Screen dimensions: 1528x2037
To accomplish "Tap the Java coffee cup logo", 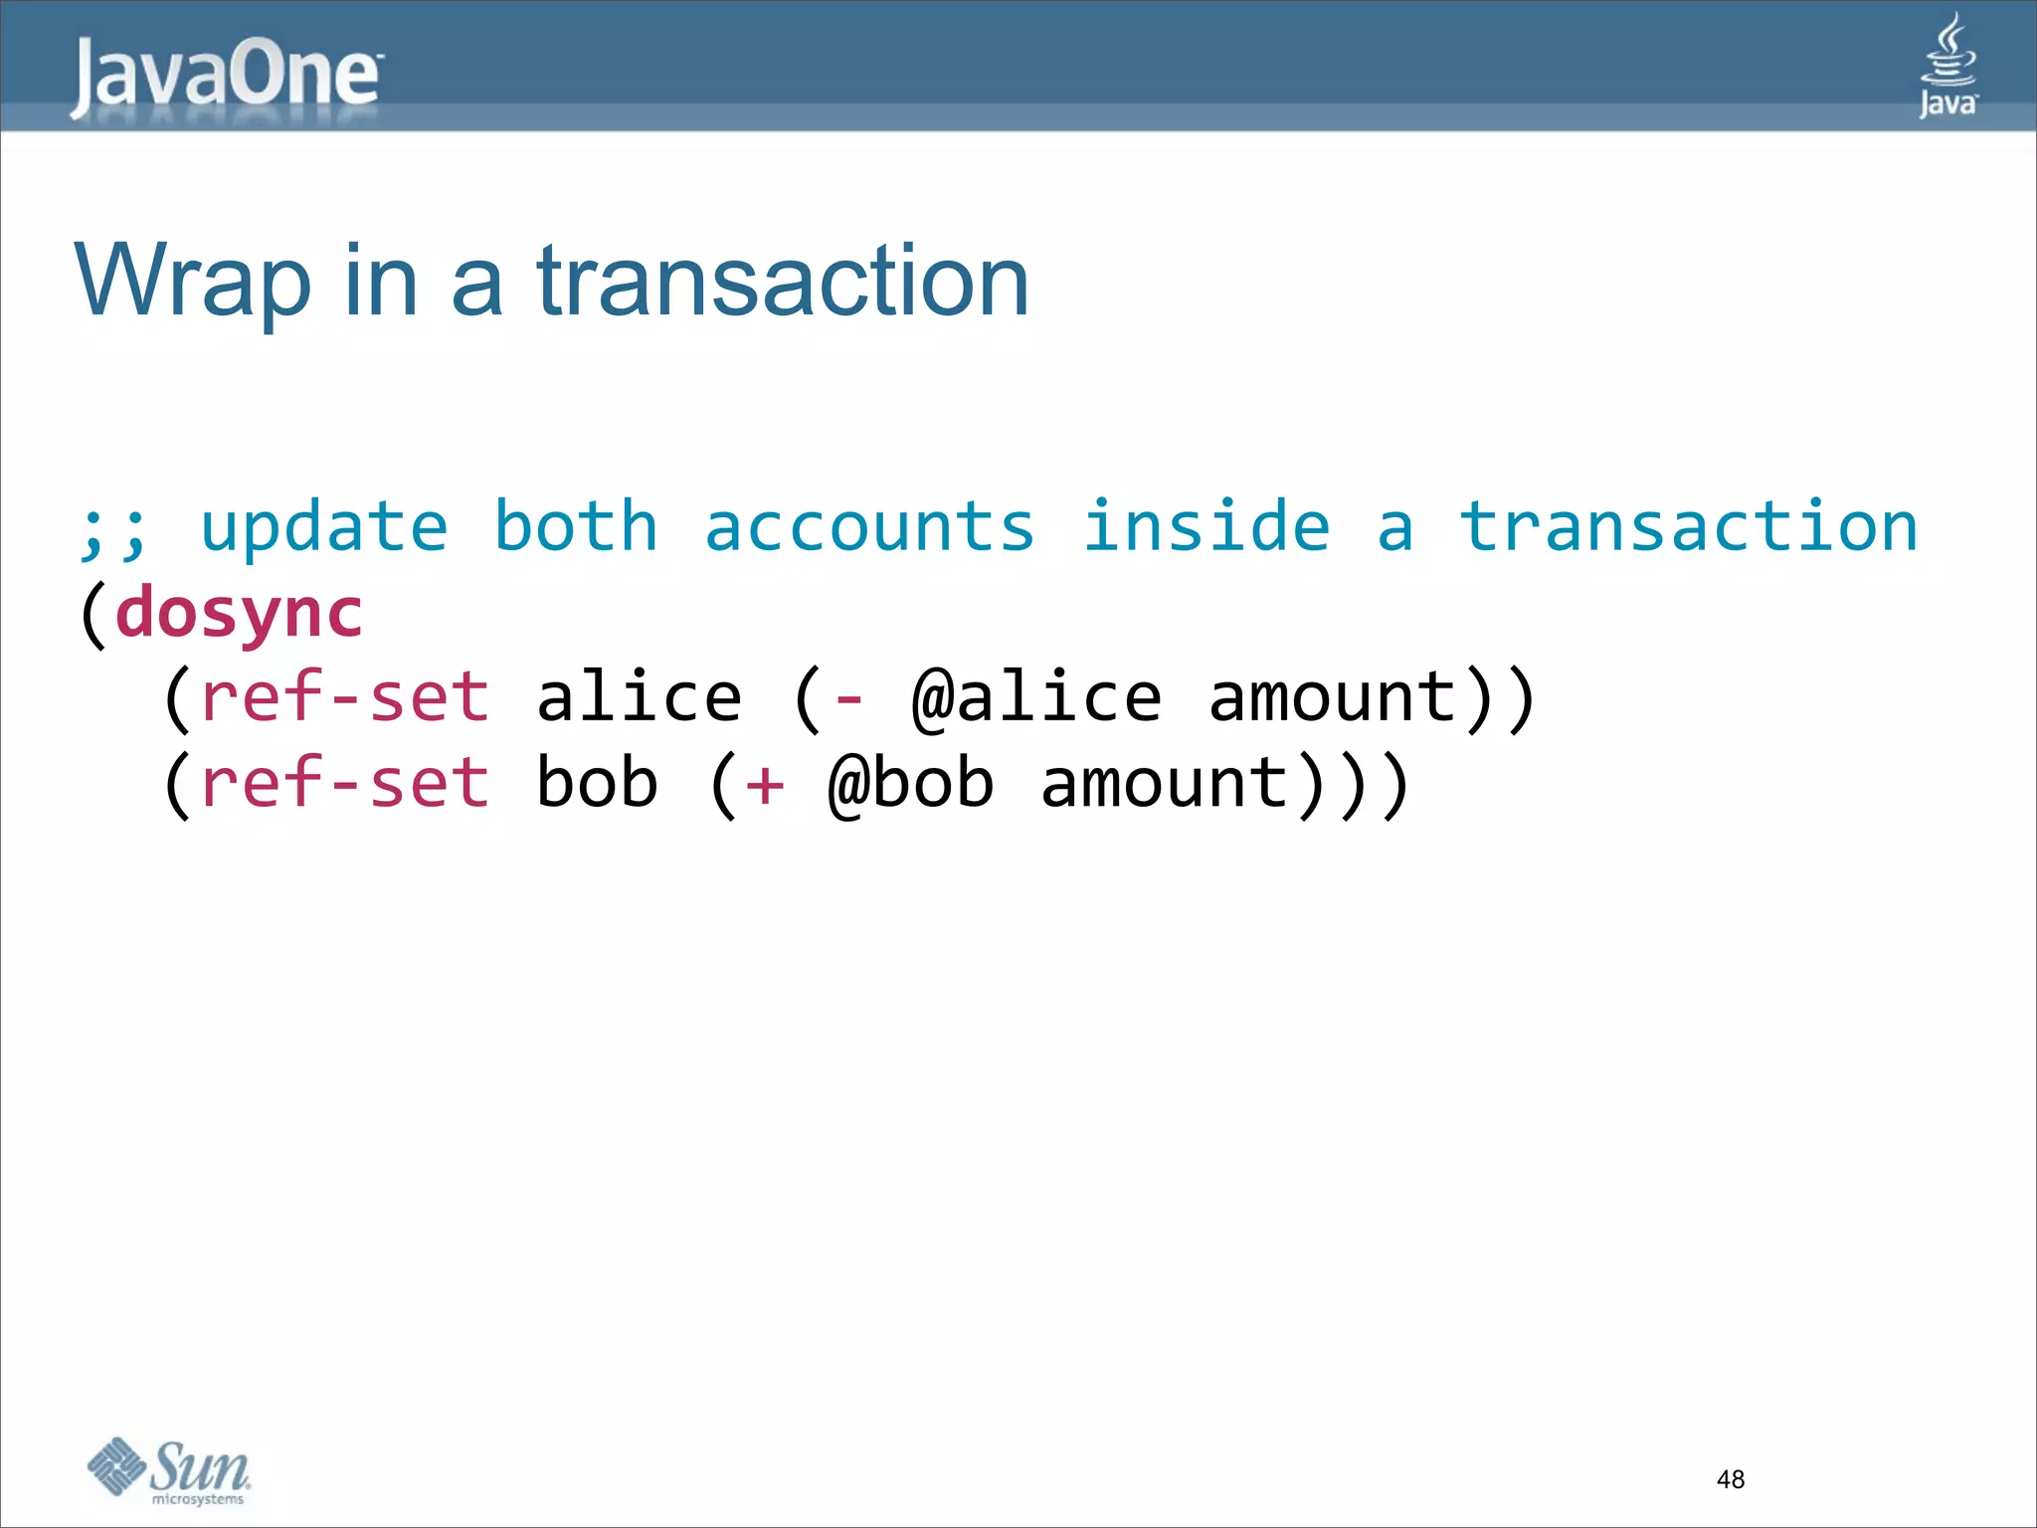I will click(x=1947, y=66).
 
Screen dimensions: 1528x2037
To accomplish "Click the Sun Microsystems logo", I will click(x=169, y=1470).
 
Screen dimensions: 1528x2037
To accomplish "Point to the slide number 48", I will click(x=1730, y=1479).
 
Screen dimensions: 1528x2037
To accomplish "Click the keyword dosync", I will click(x=239, y=613).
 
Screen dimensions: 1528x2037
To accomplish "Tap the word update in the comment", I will click(x=324, y=527).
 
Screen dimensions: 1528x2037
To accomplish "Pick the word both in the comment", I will click(x=576, y=527).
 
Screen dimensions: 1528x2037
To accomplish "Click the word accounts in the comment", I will click(x=869, y=527).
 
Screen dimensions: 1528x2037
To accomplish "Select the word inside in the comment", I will click(x=1205, y=527).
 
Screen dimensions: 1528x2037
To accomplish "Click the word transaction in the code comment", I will click(x=1688, y=527).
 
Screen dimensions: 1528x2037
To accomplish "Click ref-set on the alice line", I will click(x=345, y=698).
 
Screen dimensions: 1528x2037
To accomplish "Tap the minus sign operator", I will click(x=848, y=700).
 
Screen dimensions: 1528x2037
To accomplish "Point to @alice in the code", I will click(x=1036, y=698).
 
